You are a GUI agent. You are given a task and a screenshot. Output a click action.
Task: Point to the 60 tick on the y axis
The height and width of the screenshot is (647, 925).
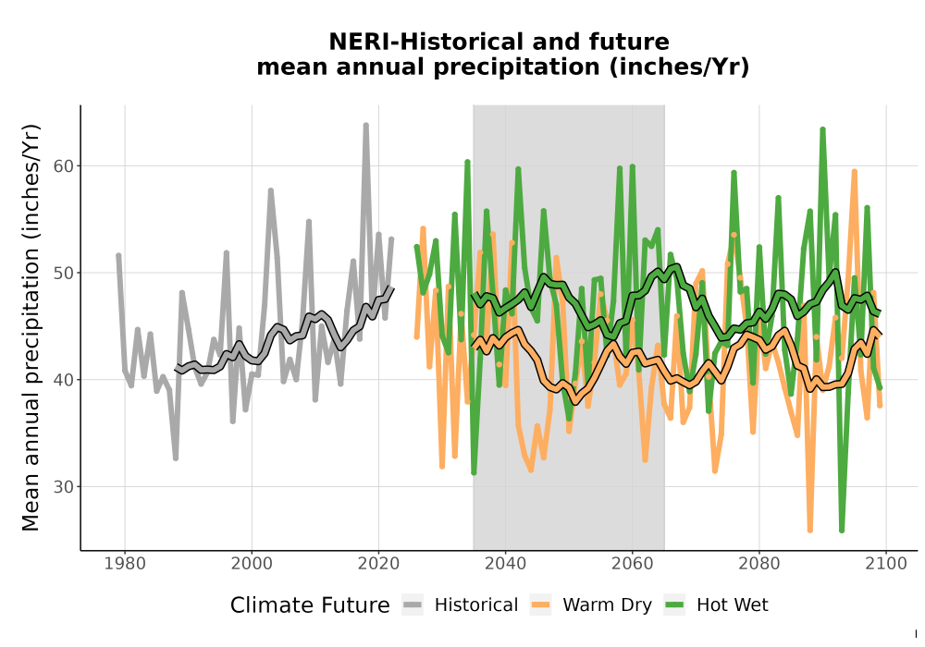pos(64,166)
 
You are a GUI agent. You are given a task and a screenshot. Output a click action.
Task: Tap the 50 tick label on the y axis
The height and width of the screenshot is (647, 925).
pos(64,273)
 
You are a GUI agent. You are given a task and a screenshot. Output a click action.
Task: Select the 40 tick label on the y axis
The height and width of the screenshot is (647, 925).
pos(64,380)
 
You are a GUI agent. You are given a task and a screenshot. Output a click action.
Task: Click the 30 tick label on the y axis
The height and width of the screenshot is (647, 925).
pos(64,487)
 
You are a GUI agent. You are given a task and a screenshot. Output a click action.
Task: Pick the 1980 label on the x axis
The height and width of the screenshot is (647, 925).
pos(125,564)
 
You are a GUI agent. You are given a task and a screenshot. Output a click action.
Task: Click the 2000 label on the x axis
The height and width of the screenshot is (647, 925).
pos(252,564)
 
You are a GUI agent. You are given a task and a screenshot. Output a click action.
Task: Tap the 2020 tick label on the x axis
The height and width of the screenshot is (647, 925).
pos(378,564)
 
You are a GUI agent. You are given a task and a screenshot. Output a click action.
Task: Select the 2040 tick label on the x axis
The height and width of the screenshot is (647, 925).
pos(505,564)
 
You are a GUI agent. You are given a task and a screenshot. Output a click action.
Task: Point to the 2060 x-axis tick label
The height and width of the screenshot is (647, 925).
pos(632,564)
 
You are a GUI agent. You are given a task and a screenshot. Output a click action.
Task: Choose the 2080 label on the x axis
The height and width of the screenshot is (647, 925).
pos(758,564)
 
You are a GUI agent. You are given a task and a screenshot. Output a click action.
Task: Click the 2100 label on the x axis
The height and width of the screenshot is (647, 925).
pos(885,564)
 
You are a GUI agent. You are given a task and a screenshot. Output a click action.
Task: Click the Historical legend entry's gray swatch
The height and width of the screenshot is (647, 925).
pos(413,604)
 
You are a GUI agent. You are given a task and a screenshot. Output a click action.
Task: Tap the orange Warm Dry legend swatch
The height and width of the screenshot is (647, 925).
pos(540,604)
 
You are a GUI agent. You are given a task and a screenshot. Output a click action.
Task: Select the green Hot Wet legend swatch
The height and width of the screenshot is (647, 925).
pos(674,604)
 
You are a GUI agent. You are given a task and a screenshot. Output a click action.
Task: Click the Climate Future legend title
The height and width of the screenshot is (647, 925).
pos(310,605)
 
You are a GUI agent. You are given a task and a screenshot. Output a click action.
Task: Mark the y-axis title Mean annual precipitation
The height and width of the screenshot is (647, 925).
pos(31,327)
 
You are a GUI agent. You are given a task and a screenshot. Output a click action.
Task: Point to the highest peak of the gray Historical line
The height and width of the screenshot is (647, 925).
pos(365,125)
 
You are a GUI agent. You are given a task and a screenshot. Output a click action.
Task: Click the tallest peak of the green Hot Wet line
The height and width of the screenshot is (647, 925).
pos(822,129)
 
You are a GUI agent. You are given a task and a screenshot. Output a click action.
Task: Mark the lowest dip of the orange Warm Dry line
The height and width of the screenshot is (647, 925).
pos(810,530)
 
